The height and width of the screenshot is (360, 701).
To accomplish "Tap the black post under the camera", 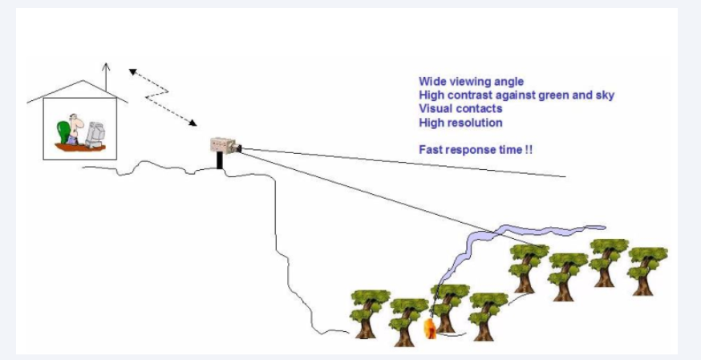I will pyautogui.click(x=219, y=160).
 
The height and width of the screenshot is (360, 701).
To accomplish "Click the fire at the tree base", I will pyautogui.click(x=429, y=328).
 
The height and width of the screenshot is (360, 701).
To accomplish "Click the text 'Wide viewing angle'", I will pyautogui.click(x=471, y=82).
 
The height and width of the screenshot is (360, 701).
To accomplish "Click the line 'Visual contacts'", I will pyautogui.click(x=460, y=109).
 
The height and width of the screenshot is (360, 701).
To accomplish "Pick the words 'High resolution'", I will pyautogui.click(x=460, y=123).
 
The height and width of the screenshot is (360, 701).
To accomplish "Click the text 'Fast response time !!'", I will pyautogui.click(x=476, y=150).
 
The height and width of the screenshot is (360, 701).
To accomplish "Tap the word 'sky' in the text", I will pyautogui.click(x=605, y=95).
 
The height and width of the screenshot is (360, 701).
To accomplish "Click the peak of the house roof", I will pyautogui.click(x=78, y=81).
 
